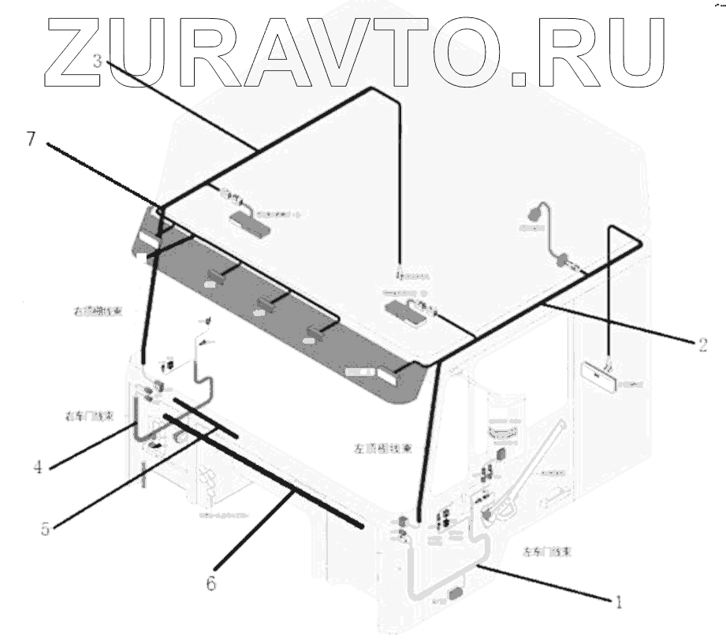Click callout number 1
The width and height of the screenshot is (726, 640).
619,603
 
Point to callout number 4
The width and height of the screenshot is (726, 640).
37,467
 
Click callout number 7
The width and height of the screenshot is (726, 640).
31,139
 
